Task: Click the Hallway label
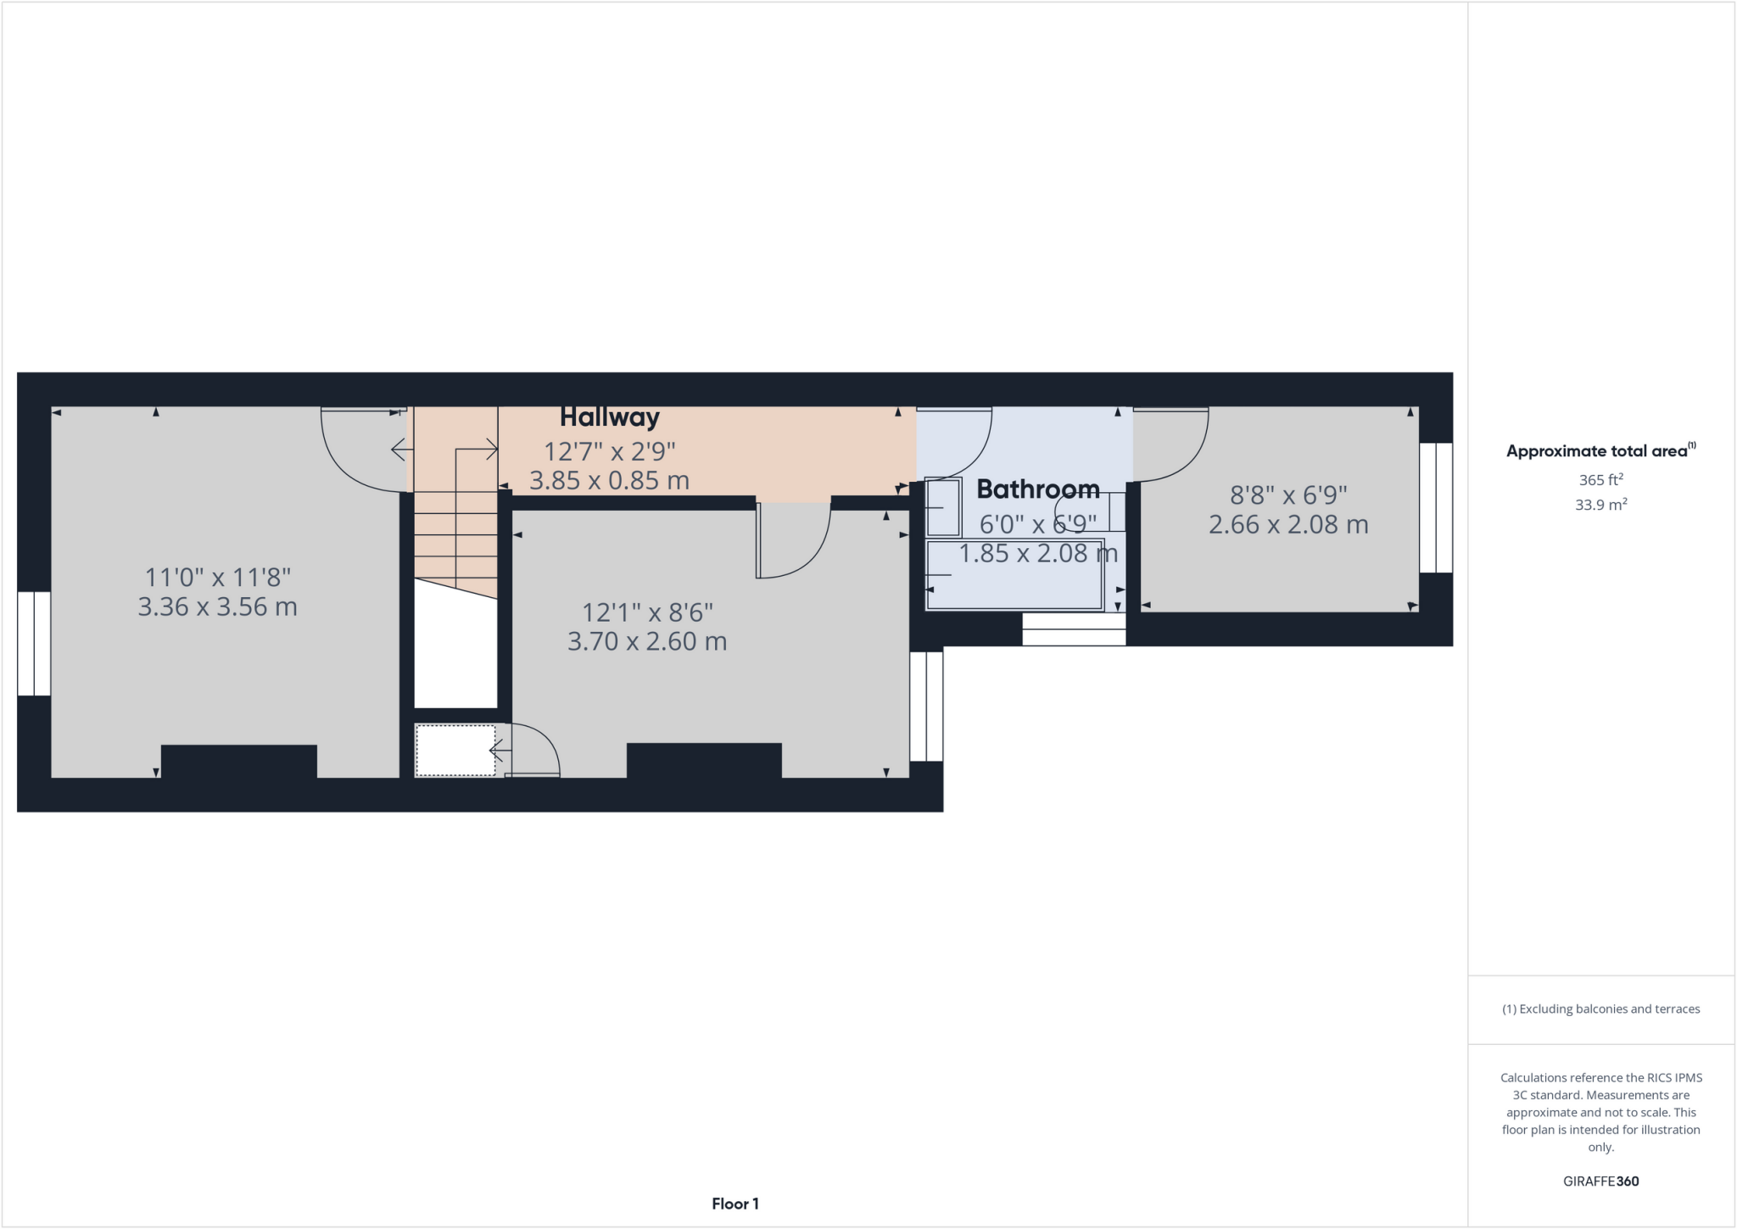tap(609, 417)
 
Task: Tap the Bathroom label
tap(1037, 489)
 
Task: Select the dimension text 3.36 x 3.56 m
tap(217, 607)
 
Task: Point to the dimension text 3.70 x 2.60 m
tap(646, 641)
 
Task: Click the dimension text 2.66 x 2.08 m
tap(1287, 525)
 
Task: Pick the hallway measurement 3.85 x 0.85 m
tap(609, 481)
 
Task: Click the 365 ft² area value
tap(1600, 480)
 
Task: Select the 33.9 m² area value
tap(1600, 505)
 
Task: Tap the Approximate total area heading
tap(1600, 451)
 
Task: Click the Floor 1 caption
tap(734, 1204)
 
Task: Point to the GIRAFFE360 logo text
tap(1600, 1181)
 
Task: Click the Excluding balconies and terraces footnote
tap(1600, 1009)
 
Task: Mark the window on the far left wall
tap(34, 644)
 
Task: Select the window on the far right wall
tap(1436, 507)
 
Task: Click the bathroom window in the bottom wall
tap(1073, 628)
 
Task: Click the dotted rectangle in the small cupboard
tap(455, 750)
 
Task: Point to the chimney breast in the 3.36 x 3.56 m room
tap(238, 761)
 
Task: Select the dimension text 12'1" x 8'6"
tap(646, 612)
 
